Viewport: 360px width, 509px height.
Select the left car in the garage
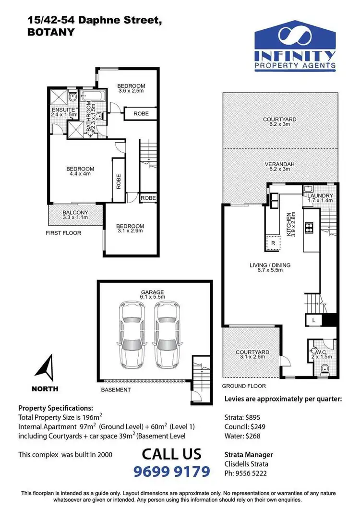132,334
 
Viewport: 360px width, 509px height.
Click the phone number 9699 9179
171,471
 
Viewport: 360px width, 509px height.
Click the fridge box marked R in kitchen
273,243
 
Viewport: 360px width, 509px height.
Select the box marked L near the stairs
313,320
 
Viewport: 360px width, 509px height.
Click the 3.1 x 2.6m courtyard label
252,355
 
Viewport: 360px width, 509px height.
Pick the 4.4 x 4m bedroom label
80,171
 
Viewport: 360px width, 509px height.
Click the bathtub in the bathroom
91,97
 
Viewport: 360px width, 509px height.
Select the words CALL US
171,453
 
